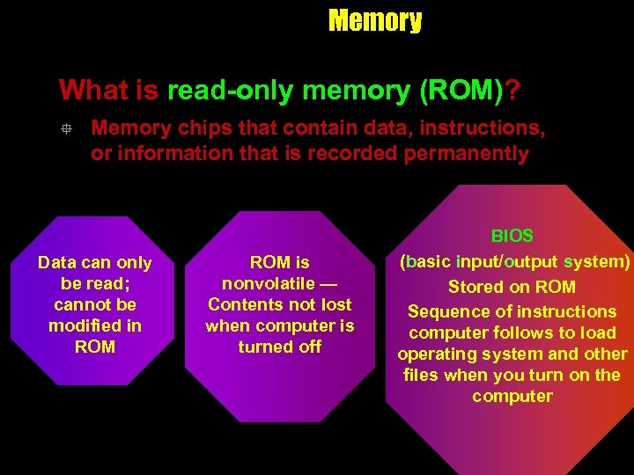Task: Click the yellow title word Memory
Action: pyautogui.click(x=374, y=20)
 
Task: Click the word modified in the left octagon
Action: pyautogui.click(x=85, y=325)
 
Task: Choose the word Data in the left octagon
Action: pyautogui.click(x=57, y=263)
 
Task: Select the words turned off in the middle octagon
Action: pyautogui.click(x=279, y=347)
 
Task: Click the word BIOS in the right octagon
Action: pyautogui.click(x=512, y=236)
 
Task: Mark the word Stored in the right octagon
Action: pyautogui.click(x=475, y=287)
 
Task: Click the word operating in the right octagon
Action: pyautogui.click(x=434, y=354)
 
